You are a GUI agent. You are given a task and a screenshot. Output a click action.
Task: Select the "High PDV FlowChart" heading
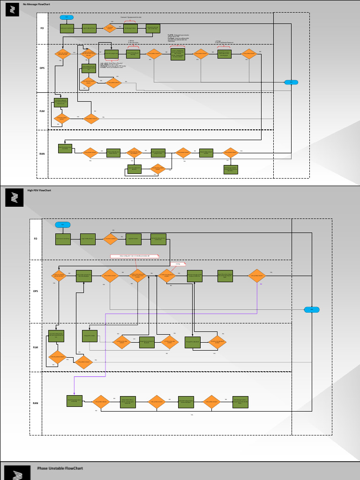39,190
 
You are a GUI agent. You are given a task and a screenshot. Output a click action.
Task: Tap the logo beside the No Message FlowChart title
12,10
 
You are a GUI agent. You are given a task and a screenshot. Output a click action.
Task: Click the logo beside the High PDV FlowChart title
14,197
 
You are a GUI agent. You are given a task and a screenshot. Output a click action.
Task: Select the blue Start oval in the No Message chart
67,17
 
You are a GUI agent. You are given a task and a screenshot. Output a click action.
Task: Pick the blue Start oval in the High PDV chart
62,225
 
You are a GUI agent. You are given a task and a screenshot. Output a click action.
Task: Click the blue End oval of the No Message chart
291,82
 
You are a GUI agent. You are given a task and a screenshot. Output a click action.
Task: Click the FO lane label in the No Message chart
42,29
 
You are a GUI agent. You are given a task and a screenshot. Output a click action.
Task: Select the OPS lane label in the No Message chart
42,68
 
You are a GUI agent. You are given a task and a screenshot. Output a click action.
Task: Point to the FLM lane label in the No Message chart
42,111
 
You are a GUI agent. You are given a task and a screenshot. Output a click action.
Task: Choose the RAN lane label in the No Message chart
42,154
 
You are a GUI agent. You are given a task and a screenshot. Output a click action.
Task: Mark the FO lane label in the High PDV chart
36,239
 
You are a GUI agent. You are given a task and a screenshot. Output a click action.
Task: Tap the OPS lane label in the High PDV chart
36,291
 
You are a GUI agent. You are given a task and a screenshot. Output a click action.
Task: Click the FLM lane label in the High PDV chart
36,347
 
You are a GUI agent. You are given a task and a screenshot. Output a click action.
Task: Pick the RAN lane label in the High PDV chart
36,403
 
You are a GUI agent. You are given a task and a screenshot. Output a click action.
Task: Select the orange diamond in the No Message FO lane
110,29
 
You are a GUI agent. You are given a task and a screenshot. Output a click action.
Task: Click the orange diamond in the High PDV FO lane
111,239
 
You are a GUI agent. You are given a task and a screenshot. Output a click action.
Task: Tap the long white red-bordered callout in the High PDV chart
135,256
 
